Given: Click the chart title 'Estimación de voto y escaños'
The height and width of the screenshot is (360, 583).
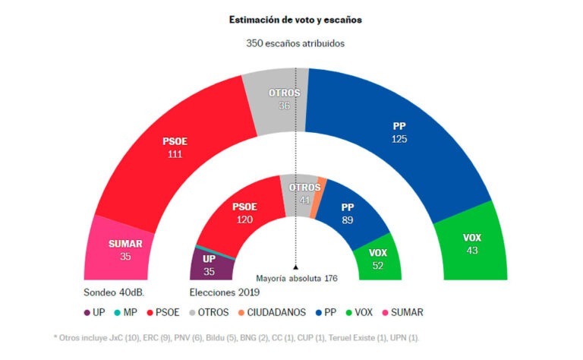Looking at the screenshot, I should point(295,20).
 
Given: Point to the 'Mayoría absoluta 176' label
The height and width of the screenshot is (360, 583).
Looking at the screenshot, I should point(296,279).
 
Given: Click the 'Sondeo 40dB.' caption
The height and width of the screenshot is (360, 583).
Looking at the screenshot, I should point(114,292).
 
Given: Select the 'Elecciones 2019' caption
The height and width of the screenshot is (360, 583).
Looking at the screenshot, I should point(223,292).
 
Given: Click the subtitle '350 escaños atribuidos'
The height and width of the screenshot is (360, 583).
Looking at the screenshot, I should point(295,43).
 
